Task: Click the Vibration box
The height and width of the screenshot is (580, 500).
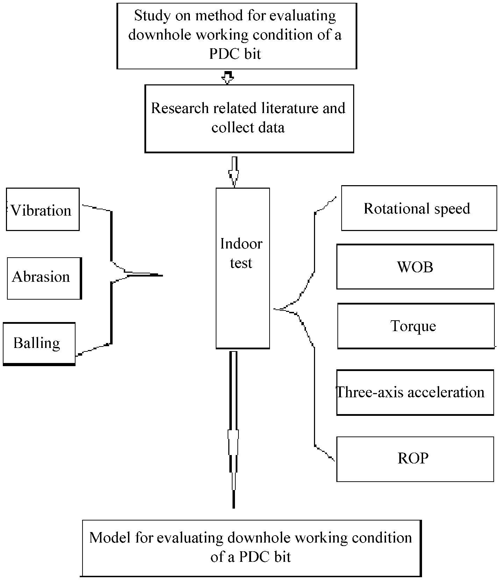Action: [x=43, y=209]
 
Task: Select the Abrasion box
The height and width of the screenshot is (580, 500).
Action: [x=44, y=278]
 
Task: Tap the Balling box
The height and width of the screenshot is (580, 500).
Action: [x=39, y=344]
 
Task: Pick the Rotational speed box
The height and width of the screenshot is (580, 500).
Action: [x=419, y=208]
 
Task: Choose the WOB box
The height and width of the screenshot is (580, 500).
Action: [x=415, y=267]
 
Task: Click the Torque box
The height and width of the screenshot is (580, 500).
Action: [x=415, y=326]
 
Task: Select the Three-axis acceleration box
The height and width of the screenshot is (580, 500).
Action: [x=415, y=392]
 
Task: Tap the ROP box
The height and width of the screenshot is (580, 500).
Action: [x=415, y=459]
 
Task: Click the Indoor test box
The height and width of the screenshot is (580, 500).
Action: [x=243, y=268]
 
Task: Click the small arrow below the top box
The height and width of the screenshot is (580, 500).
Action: [x=228, y=77]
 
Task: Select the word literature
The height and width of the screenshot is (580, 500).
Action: [x=277, y=108]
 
